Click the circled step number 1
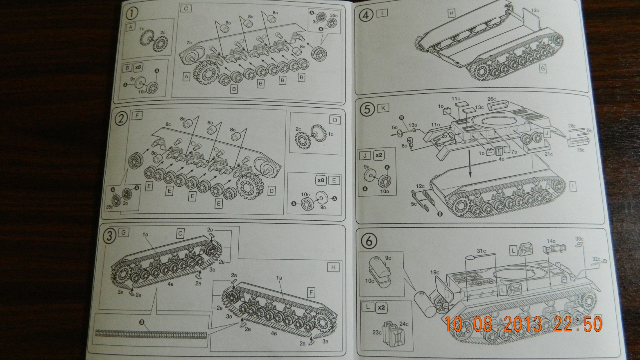pos(132,14)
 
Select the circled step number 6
pos(369,241)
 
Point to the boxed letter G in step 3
pos(123,233)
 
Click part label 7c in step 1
pos(189,43)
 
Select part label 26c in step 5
pos(492,99)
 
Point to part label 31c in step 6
pos(481,251)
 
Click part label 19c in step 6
pos(435,272)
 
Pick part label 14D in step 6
pos(551,241)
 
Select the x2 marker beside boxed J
pos(379,155)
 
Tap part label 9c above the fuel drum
pos(388,258)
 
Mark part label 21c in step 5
pos(549,154)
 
